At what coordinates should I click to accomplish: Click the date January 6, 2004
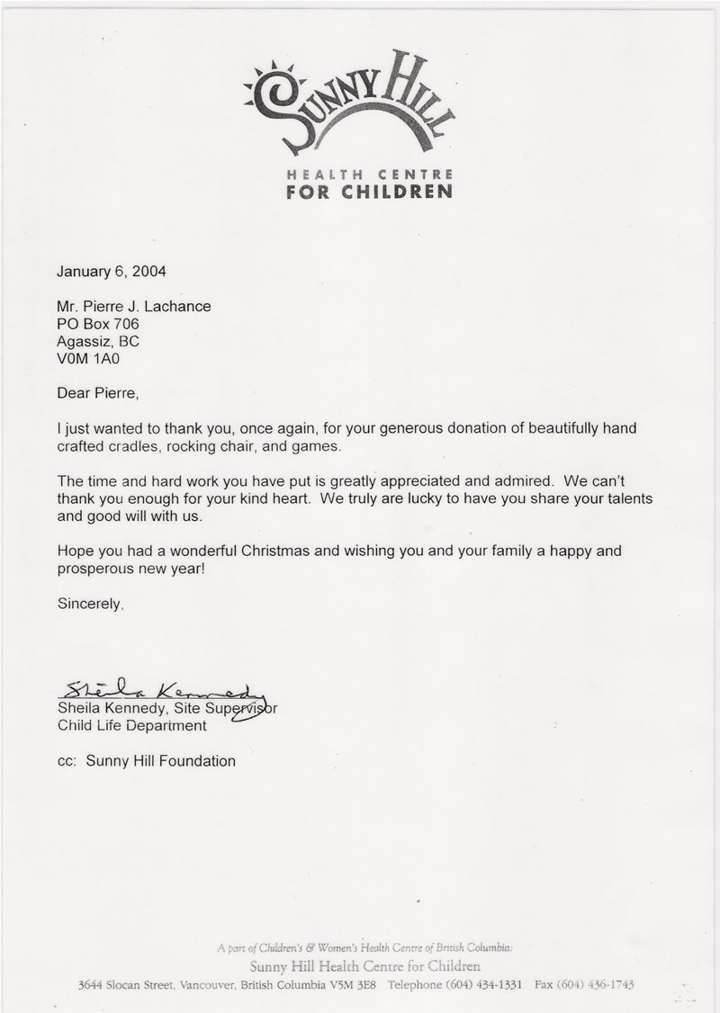click(112, 269)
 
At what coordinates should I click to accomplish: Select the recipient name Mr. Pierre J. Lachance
click(134, 306)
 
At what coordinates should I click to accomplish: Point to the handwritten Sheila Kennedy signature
click(162, 690)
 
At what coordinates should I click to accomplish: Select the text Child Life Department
click(132, 725)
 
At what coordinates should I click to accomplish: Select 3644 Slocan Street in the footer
click(127, 985)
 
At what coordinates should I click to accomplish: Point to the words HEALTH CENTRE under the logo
click(369, 173)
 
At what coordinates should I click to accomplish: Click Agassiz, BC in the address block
click(99, 342)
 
